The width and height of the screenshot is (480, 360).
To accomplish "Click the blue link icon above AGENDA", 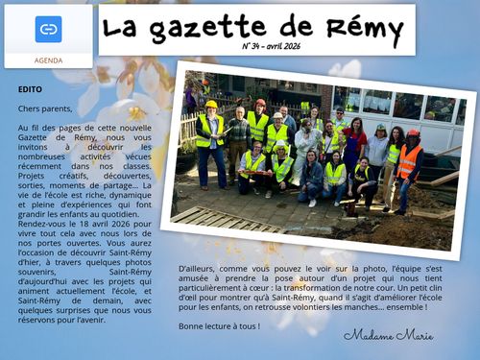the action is (48, 29).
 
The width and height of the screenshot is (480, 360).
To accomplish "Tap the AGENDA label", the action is (48, 59).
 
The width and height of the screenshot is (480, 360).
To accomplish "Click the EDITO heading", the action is (30, 89).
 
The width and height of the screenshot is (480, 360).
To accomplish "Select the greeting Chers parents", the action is (44, 109).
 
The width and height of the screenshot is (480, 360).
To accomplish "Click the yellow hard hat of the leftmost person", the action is (211, 105).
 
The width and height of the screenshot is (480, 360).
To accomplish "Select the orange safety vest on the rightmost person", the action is (409, 161).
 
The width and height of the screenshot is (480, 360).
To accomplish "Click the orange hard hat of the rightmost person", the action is (413, 133).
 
